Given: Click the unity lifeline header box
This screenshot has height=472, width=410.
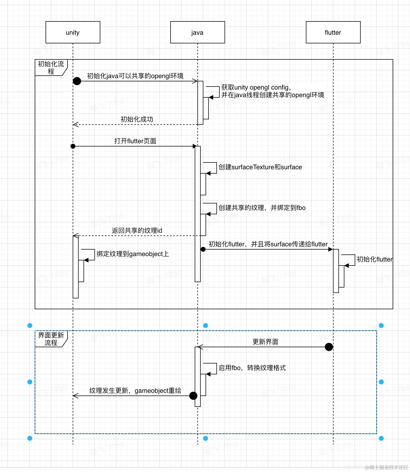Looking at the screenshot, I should [x=73, y=32].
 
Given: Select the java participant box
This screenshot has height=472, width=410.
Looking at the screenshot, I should [x=197, y=32].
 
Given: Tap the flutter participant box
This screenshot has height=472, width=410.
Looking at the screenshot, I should [x=333, y=32].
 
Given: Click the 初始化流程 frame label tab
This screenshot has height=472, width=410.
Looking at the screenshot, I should [x=51, y=68].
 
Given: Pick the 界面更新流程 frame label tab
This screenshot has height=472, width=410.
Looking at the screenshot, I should [x=51, y=339].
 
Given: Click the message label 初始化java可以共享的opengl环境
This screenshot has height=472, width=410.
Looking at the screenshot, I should [x=135, y=76].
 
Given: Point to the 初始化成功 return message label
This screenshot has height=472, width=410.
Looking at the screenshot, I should [x=137, y=119].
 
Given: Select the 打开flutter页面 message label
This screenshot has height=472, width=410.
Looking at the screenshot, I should [x=135, y=141].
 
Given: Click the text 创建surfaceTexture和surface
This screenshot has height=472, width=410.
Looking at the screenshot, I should [x=260, y=167].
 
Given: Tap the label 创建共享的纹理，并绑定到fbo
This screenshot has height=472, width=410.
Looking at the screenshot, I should [x=262, y=208].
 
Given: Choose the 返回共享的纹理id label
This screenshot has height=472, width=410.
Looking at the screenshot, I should [x=137, y=231].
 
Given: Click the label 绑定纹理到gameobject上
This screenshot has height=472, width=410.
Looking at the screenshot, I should [x=133, y=254].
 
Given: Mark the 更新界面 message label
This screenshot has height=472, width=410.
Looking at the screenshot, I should [x=265, y=342].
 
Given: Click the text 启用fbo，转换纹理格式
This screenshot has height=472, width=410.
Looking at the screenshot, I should [x=252, y=368].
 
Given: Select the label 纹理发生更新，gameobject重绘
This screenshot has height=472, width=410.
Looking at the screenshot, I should [x=135, y=391].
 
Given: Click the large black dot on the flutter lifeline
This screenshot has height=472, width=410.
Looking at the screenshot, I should [x=329, y=347].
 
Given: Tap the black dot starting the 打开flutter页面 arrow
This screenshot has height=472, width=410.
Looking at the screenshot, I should [x=73, y=146].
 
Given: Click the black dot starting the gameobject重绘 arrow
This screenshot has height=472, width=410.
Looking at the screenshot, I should [x=193, y=396].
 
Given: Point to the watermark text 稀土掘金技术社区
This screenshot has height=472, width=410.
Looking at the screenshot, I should [x=388, y=467].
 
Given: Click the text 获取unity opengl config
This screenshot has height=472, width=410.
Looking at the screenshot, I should [x=256, y=87].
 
